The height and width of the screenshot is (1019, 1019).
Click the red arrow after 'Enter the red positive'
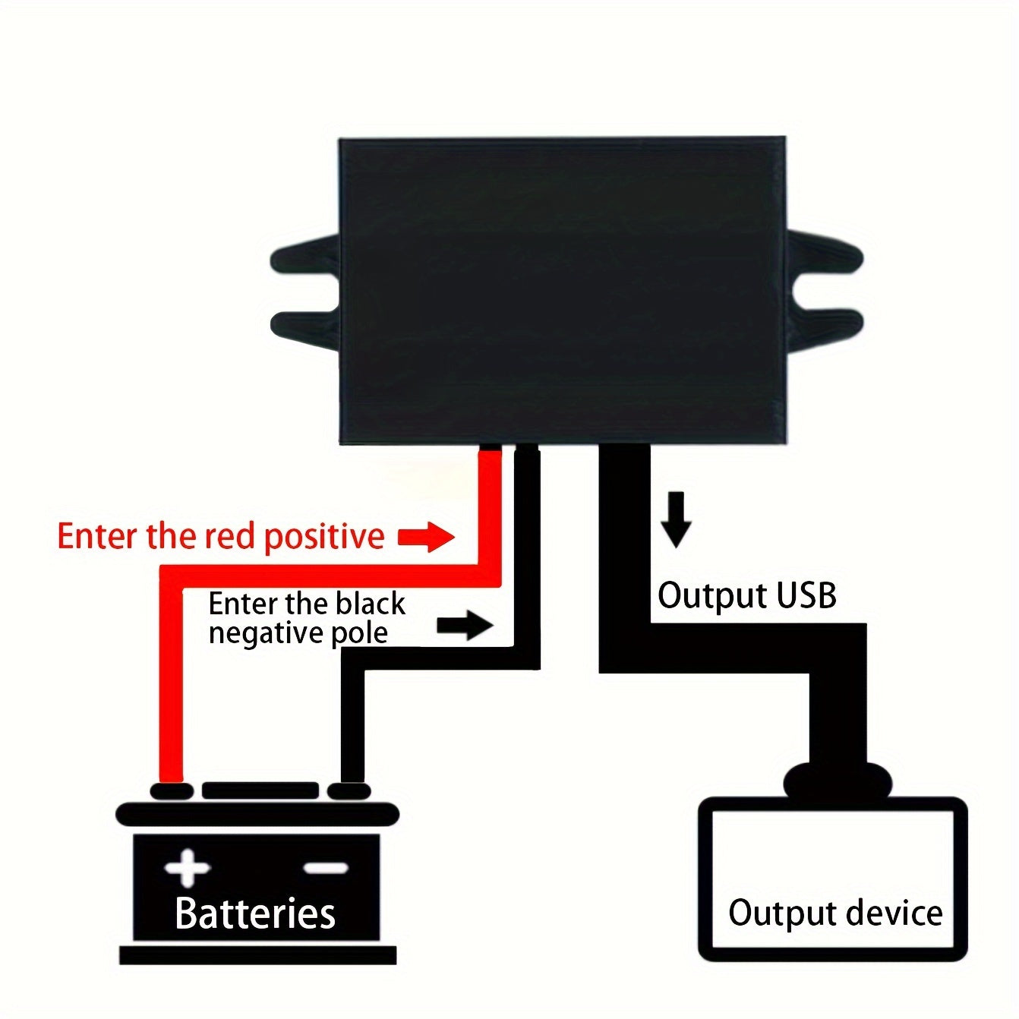pos(427,537)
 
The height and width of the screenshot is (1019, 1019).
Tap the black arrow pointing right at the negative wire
pos(465,626)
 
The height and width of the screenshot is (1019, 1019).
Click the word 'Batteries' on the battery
pos(255,913)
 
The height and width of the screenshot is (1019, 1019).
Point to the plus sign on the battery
pos(188,868)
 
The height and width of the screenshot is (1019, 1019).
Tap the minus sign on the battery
pos(326,868)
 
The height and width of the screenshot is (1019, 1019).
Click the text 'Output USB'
pos(746,595)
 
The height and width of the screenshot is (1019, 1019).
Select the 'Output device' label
pos(834,912)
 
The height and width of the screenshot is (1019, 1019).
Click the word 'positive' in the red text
pos(323,537)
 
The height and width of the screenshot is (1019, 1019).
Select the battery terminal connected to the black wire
pos(349,791)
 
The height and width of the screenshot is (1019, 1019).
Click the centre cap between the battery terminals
pos(260,790)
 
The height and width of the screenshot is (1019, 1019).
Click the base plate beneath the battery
pos(258,955)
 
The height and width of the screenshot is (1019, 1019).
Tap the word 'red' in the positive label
pos(228,536)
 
